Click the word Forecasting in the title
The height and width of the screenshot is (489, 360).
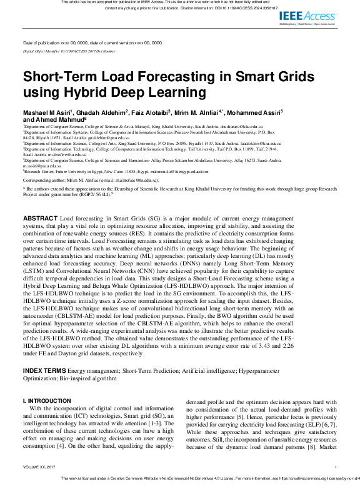[154, 78]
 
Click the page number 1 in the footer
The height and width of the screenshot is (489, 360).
[336, 467]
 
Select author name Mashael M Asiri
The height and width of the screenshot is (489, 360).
[47, 112]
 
